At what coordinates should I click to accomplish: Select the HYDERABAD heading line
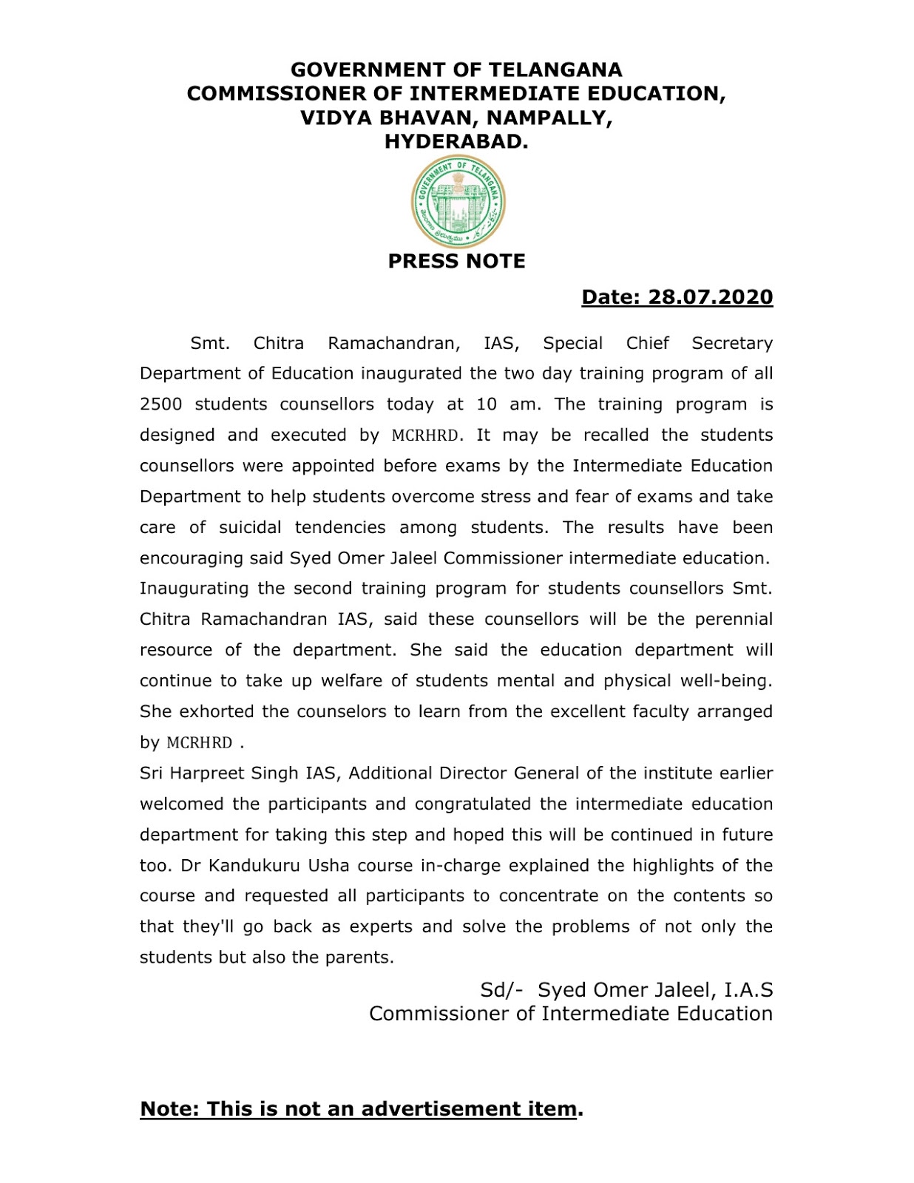tap(456, 141)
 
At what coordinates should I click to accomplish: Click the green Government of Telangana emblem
tap(458, 201)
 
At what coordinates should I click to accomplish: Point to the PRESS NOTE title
tap(456, 261)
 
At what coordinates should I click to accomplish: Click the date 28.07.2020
tap(710, 296)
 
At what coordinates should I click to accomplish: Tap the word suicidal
tap(250, 527)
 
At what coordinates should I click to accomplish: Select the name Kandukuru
tap(248, 865)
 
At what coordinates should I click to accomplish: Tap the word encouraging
tap(192, 558)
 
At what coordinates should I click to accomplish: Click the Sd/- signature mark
tap(501, 990)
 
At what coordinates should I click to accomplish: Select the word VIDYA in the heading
tap(336, 118)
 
